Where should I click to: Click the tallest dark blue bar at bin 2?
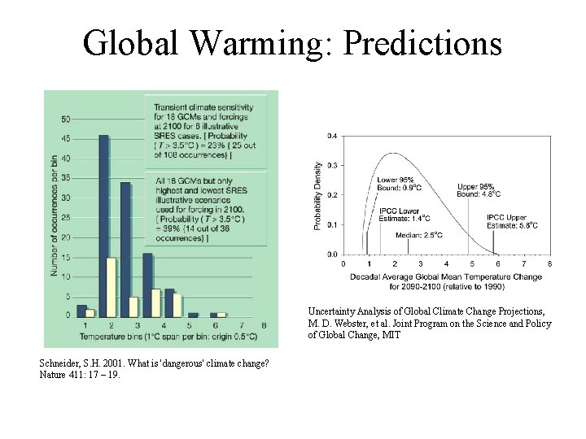pyautogui.click(x=103, y=225)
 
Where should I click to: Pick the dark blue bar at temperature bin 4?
pyautogui.click(x=147, y=285)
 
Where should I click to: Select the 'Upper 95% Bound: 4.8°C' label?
pyautogui.click(x=479, y=190)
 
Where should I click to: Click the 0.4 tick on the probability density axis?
pyautogui.click(x=331, y=136)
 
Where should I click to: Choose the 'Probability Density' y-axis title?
pyautogui.click(x=317, y=195)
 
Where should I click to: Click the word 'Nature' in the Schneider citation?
pyautogui.click(x=52, y=375)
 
